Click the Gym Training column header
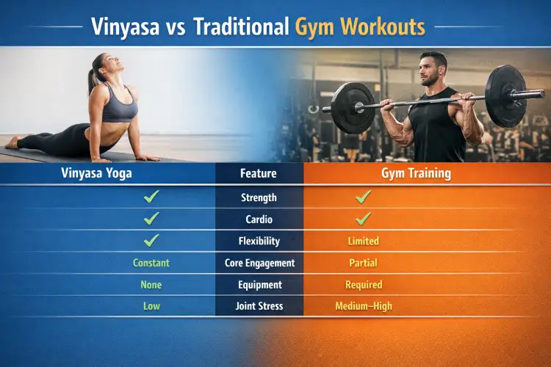416,174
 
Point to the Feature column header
259,174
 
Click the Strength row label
259,197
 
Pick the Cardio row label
259,219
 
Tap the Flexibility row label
259,241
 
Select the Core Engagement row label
259,263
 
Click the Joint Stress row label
259,306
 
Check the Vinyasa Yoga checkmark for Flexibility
151,240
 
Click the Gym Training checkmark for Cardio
364,218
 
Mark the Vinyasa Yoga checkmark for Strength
151,197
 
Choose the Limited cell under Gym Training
364,241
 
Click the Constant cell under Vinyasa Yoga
151,263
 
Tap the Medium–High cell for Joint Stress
364,306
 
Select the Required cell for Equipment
364,284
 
